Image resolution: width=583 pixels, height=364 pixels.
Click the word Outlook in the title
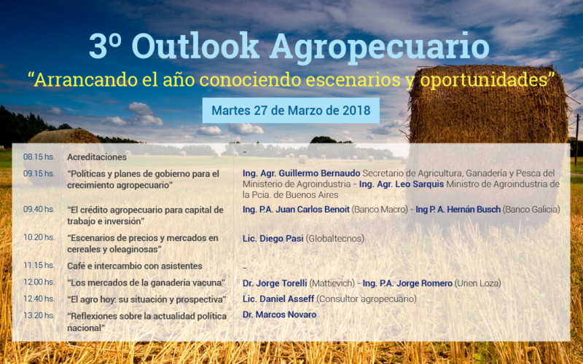(x=195, y=46)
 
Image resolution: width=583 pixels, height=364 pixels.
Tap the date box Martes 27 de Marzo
(x=291, y=111)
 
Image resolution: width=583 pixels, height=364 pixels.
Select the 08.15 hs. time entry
(x=39, y=157)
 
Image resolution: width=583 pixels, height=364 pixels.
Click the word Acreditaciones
(x=97, y=157)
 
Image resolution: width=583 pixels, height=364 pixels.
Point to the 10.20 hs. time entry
(x=39, y=237)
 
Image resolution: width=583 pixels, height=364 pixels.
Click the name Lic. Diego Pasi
(x=273, y=239)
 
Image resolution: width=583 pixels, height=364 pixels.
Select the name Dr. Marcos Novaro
(x=280, y=314)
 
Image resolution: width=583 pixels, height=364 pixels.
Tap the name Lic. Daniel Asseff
(x=278, y=298)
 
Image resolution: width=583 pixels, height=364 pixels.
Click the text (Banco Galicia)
(x=531, y=210)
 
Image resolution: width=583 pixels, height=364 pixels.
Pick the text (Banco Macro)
(x=380, y=210)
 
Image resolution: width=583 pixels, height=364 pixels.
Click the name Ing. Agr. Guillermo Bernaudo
(x=302, y=173)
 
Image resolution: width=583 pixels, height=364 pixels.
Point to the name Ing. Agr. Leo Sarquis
(x=402, y=184)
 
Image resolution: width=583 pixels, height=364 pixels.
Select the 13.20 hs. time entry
(x=39, y=315)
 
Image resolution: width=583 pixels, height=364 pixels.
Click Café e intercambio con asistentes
(x=135, y=266)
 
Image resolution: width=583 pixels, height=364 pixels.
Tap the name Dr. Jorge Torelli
(x=275, y=283)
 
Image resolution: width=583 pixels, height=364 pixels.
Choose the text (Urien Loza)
(x=478, y=283)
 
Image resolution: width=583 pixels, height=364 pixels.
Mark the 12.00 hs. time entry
(x=39, y=282)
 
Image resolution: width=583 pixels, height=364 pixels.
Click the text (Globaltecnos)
(x=335, y=239)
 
